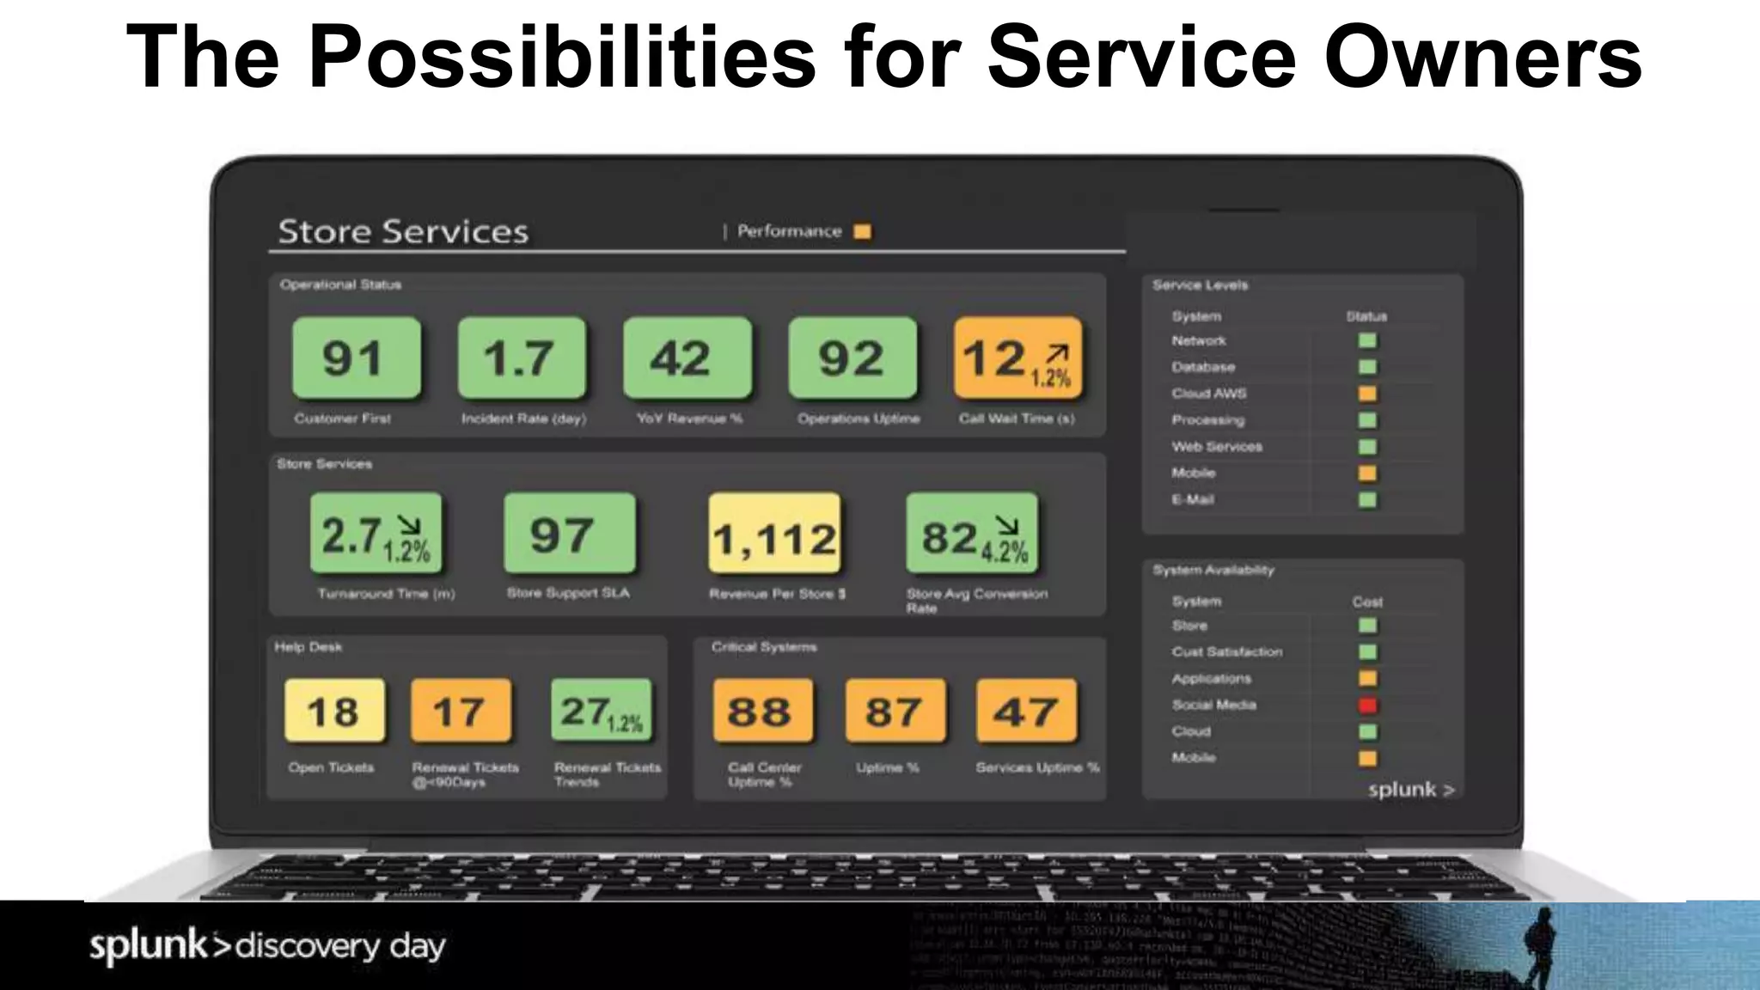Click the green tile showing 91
[356, 357]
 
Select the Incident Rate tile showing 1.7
[521, 357]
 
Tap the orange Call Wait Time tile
[1017, 357]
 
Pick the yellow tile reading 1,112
[774, 534]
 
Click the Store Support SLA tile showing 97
[569, 533]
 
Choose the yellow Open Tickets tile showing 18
[333, 710]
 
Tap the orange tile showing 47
[1026, 710]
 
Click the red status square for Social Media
[1367, 706]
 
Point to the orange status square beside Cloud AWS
[1367, 394]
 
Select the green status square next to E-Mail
[1367, 500]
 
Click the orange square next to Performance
[862, 231]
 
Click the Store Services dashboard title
[403, 232]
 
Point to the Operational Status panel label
[340, 284]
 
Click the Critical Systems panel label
[763, 647]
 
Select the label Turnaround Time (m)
[386, 594]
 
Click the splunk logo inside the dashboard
[1410, 790]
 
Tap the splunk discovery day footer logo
[267, 946]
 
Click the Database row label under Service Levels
[1203, 367]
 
